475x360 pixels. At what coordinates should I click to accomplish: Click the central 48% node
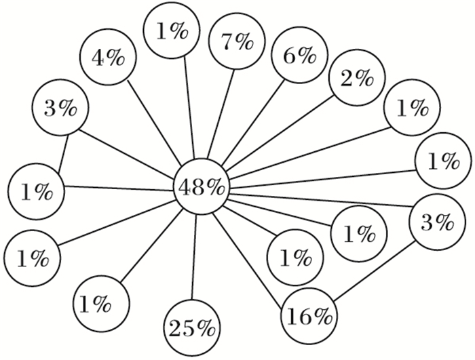[201, 188]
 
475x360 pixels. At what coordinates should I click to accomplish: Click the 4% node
[107, 58]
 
